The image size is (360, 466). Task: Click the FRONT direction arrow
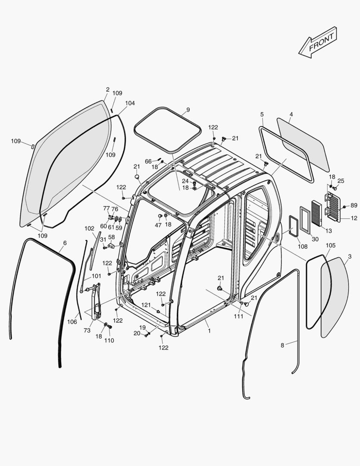pyautogui.click(x=318, y=42)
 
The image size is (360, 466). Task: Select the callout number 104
pyautogui.click(x=130, y=103)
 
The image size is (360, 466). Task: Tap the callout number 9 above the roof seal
pyautogui.click(x=188, y=109)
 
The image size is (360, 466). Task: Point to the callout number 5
pyautogui.click(x=262, y=114)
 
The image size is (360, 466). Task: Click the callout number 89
pyautogui.click(x=354, y=205)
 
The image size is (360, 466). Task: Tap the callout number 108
pyautogui.click(x=302, y=246)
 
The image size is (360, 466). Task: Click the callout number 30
pyautogui.click(x=315, y=239)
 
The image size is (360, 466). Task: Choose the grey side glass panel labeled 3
pyautogui.click(x=335, y=298)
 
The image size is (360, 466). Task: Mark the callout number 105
pyautogui.click(x=330, y=246)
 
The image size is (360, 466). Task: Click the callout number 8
pyautogui.click(x=282, y=345)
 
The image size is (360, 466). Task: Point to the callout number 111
pyautogui.click(x=239, y=317)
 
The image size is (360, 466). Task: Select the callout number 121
pyautogui.click(x=147, y=305)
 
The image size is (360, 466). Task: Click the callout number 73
pyautogui.click(x=87, y=330)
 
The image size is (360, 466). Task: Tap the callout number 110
pyautogui.click(x=109, y=340)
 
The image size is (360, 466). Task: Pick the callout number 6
pyautogui.click(x=65, y=243)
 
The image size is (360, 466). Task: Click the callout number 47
pyautogui.click(x=158, y=225)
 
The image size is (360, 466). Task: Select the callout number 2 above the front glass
pyautogui.click(x=107, y=90)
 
